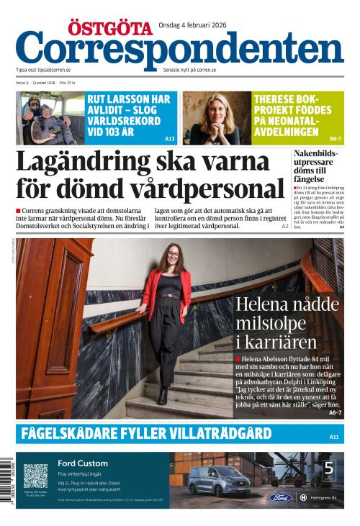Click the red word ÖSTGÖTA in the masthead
(109, 28)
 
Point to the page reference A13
(170, 138)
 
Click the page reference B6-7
(336, 138)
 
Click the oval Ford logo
(281, 497)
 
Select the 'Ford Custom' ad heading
(83, 463)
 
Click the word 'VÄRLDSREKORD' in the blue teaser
(125, 122)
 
